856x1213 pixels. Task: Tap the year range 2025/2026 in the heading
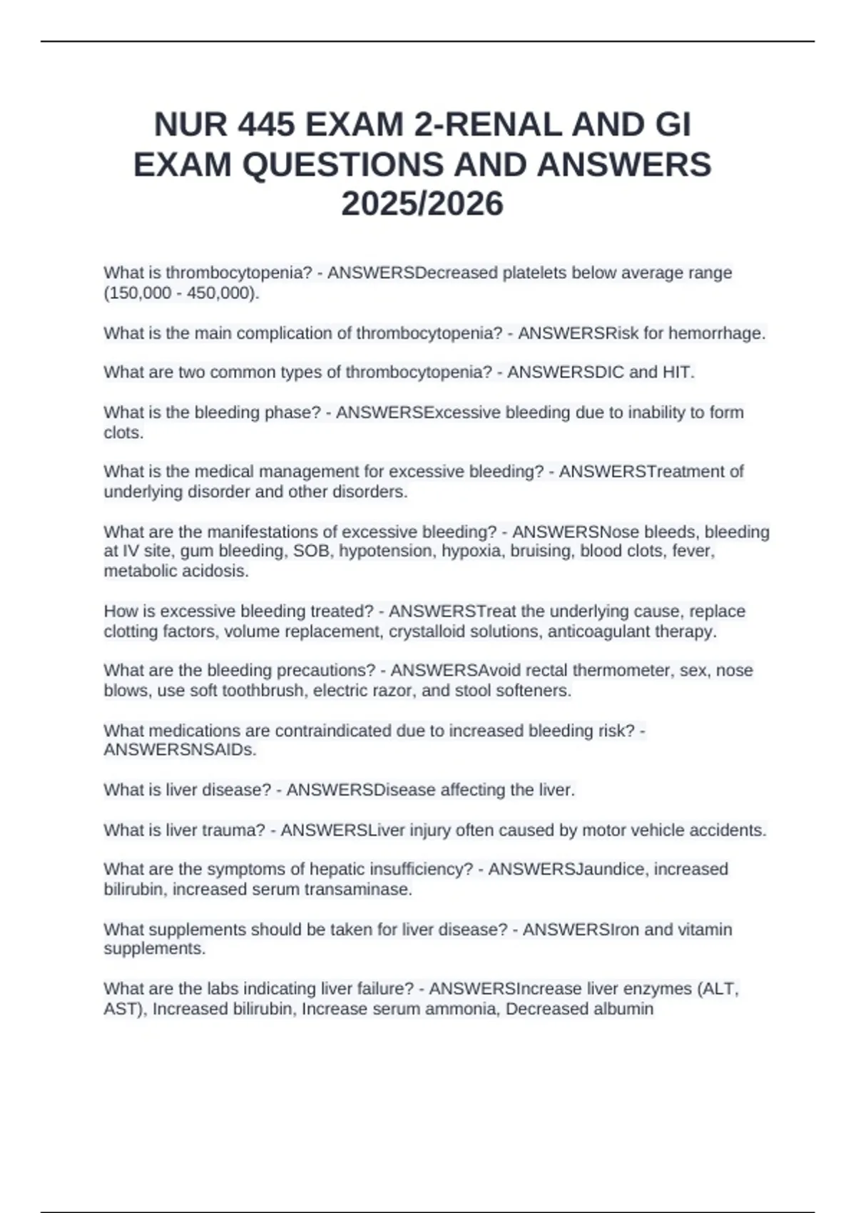(x=422, y=204)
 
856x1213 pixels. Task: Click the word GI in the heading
(x=673, y=125)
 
